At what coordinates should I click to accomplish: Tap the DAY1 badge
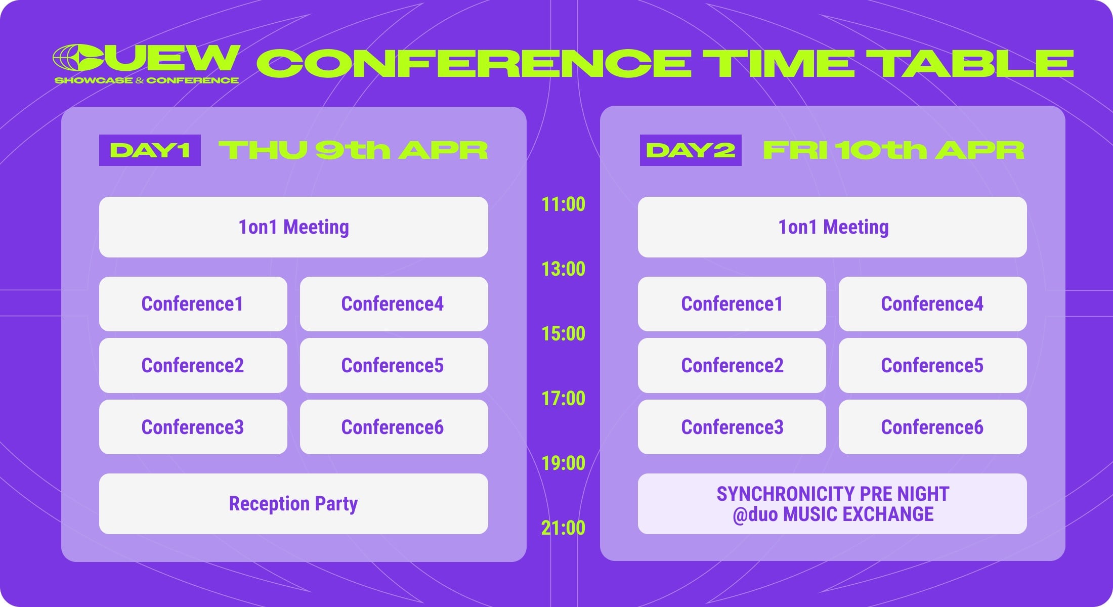(x=150, y=150)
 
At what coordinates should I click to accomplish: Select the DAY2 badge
(x=691, y=150)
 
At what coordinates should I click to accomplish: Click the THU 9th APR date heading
(x=353, y=150)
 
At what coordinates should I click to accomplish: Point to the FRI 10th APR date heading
(x=893, y=150)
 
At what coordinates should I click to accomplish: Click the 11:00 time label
(x=563, y=204)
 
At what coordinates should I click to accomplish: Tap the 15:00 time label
(x=563, y=334)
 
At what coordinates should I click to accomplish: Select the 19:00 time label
(x=563, y=463)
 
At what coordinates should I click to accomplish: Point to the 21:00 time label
(x=563, y=528)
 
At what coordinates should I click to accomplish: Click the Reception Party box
(x=293, y=504)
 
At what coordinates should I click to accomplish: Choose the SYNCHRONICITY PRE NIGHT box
(x=832, y=504)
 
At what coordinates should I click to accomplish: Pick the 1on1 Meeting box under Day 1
(x=293, y=227)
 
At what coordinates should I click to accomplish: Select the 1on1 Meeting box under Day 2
(x=832, y=227)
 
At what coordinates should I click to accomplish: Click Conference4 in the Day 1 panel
(x=394, y=304)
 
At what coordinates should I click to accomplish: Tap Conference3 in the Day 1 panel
(x=193, y=427)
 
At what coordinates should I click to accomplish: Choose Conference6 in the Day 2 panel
(x=932, y=427)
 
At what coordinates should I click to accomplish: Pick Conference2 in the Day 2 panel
(x=732, y=365)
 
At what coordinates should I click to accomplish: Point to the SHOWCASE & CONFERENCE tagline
(x=147, y=80)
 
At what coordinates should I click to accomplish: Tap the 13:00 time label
(x=563, y=269)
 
